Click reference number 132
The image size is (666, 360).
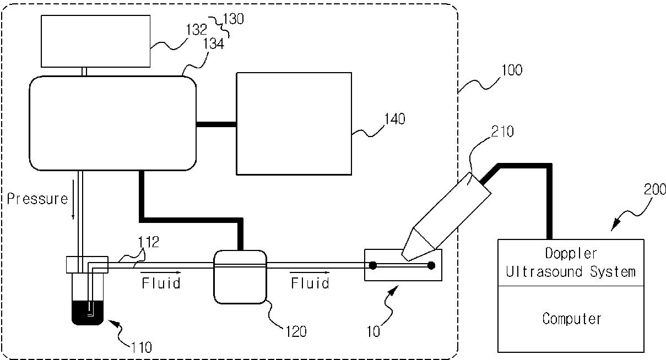pyautogui.click(x=196, y=30)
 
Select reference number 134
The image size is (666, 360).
pyautogui.click(x=214, y=44)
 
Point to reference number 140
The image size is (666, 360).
pyautogui.click(x=395, y=118)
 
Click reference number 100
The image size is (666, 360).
pyautogui.click(x=512, y=70)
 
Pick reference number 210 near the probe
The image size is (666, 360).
pyautogui.click(x=502, y=132)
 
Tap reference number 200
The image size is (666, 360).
pyautogui.click(x=654, y=190)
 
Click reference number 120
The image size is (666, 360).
pyautogui.click(x=296, y=331)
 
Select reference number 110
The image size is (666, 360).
pyautogui.click(x=140, y=347)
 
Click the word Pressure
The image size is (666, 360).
pyautogui.click(x=37, y=199)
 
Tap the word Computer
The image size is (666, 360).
pyautogui.click(x=571, y=318)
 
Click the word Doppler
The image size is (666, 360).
pyautogui.click(x=571, y=254)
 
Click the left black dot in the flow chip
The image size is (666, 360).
pyautogui.click(x=373, y=266)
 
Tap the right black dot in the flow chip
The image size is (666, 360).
pyautogui.click(x=431, y=266)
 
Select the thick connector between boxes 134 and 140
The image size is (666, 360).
pyautogui.click(x=216, y=124)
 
